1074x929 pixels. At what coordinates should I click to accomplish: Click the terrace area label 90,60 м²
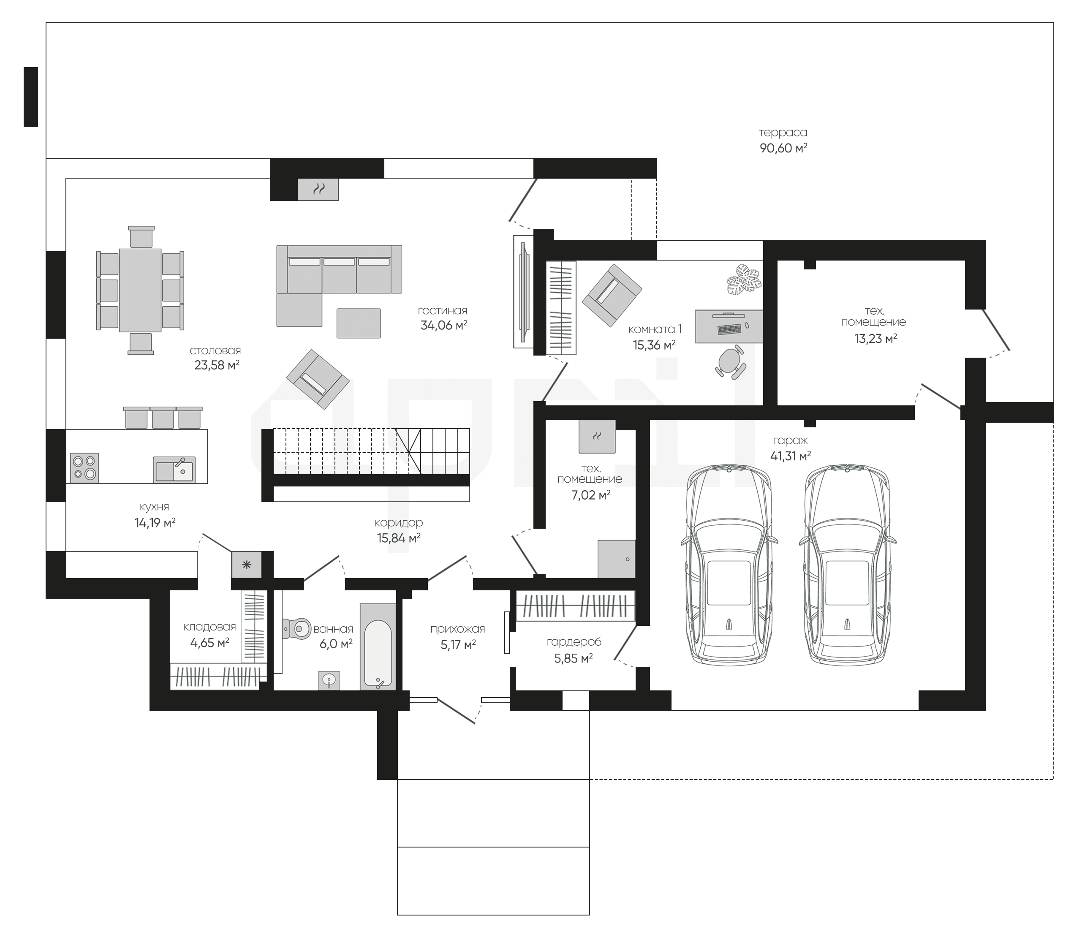click(783, 148)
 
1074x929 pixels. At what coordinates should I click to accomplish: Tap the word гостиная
click(442, 311)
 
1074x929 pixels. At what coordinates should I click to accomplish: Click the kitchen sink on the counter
click(174, 469)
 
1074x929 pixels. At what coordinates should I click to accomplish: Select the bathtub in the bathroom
click(378, 646)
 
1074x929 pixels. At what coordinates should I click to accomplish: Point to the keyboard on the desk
click(729, 329)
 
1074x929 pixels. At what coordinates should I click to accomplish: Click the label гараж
click(790, 441)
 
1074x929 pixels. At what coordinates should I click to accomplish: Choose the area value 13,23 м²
click(876, 339)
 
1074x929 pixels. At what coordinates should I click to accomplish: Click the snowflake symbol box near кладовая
click(246, 565)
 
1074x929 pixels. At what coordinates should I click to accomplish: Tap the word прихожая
click(457, 629)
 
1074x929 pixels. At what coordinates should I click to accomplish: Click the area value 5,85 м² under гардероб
click(574, 659)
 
